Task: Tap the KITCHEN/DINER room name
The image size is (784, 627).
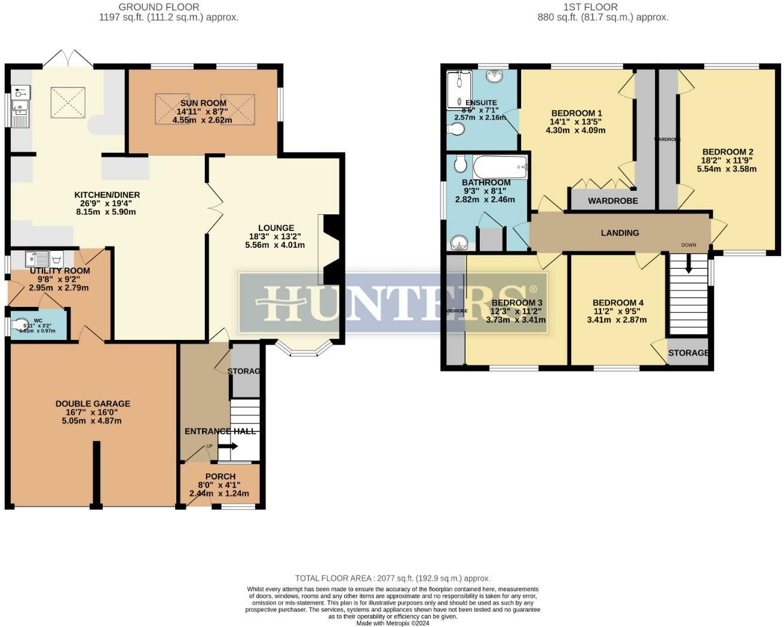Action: coord(107,195)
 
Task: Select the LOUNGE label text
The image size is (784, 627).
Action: coord(276,227)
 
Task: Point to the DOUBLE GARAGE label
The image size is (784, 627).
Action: coord(93,404)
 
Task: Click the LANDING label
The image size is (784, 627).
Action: coord(620,233)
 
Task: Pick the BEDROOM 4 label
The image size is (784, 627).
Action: coord(617,303)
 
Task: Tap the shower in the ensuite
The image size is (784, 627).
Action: coord(459,90)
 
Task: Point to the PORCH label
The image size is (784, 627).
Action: coord(219,476)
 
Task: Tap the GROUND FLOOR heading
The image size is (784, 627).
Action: coord(159,7)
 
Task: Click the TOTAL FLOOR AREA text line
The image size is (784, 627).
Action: coord(393,578)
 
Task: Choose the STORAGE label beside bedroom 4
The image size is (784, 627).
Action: coord(688,353)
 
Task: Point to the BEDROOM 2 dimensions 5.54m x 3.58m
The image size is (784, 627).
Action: coord(727,169)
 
